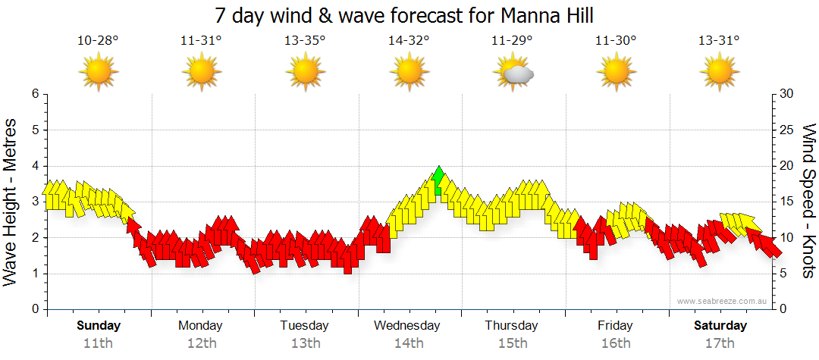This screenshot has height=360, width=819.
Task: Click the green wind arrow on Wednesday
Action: (438, 180)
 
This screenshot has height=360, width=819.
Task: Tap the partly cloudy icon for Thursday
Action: (513, 72)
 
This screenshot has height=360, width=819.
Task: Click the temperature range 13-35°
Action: (305, 40)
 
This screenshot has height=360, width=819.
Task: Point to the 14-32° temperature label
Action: (409, 40)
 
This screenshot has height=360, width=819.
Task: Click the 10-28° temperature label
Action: (98, 40)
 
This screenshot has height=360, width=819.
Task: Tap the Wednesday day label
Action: (407, 325)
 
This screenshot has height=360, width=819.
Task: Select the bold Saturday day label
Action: (720, 325)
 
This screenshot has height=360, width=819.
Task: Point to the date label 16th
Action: (615, 343)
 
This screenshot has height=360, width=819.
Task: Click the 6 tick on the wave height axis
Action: (34, 94)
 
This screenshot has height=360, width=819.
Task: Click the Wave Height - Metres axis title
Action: (11, 202)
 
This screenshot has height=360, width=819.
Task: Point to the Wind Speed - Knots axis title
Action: (808, 202)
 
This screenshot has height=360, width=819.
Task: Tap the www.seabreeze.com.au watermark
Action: (723, 301)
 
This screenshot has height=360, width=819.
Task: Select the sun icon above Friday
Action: (615, 72)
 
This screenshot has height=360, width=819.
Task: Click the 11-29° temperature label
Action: (512, 40)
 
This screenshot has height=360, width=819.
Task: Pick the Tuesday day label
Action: (304, 325)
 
